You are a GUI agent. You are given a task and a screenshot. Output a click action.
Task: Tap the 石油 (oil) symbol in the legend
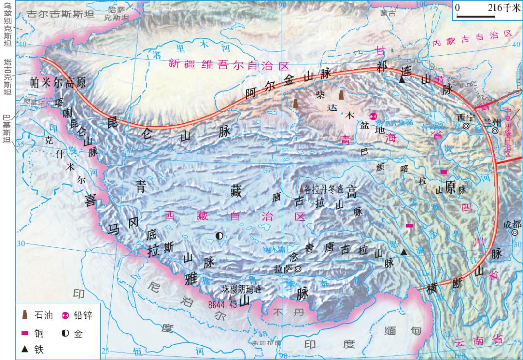(x=25, y=315)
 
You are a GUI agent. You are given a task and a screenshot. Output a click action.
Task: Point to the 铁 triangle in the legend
(x=25, y=348)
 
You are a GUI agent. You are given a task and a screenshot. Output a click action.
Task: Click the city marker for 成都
(x=514, y=232)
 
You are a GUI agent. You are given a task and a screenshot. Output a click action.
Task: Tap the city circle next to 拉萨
(x=298, y=269)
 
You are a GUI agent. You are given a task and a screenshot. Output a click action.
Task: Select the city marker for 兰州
(x=495, y=130)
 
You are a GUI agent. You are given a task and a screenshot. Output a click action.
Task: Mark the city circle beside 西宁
(x=466, y=126)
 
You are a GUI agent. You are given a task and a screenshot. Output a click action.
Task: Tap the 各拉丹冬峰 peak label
(x=323, y=188)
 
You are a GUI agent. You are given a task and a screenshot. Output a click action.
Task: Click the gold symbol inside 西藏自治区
(x=219, y=236)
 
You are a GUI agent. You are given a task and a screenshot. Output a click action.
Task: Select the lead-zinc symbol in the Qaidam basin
(x=373, y=116)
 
